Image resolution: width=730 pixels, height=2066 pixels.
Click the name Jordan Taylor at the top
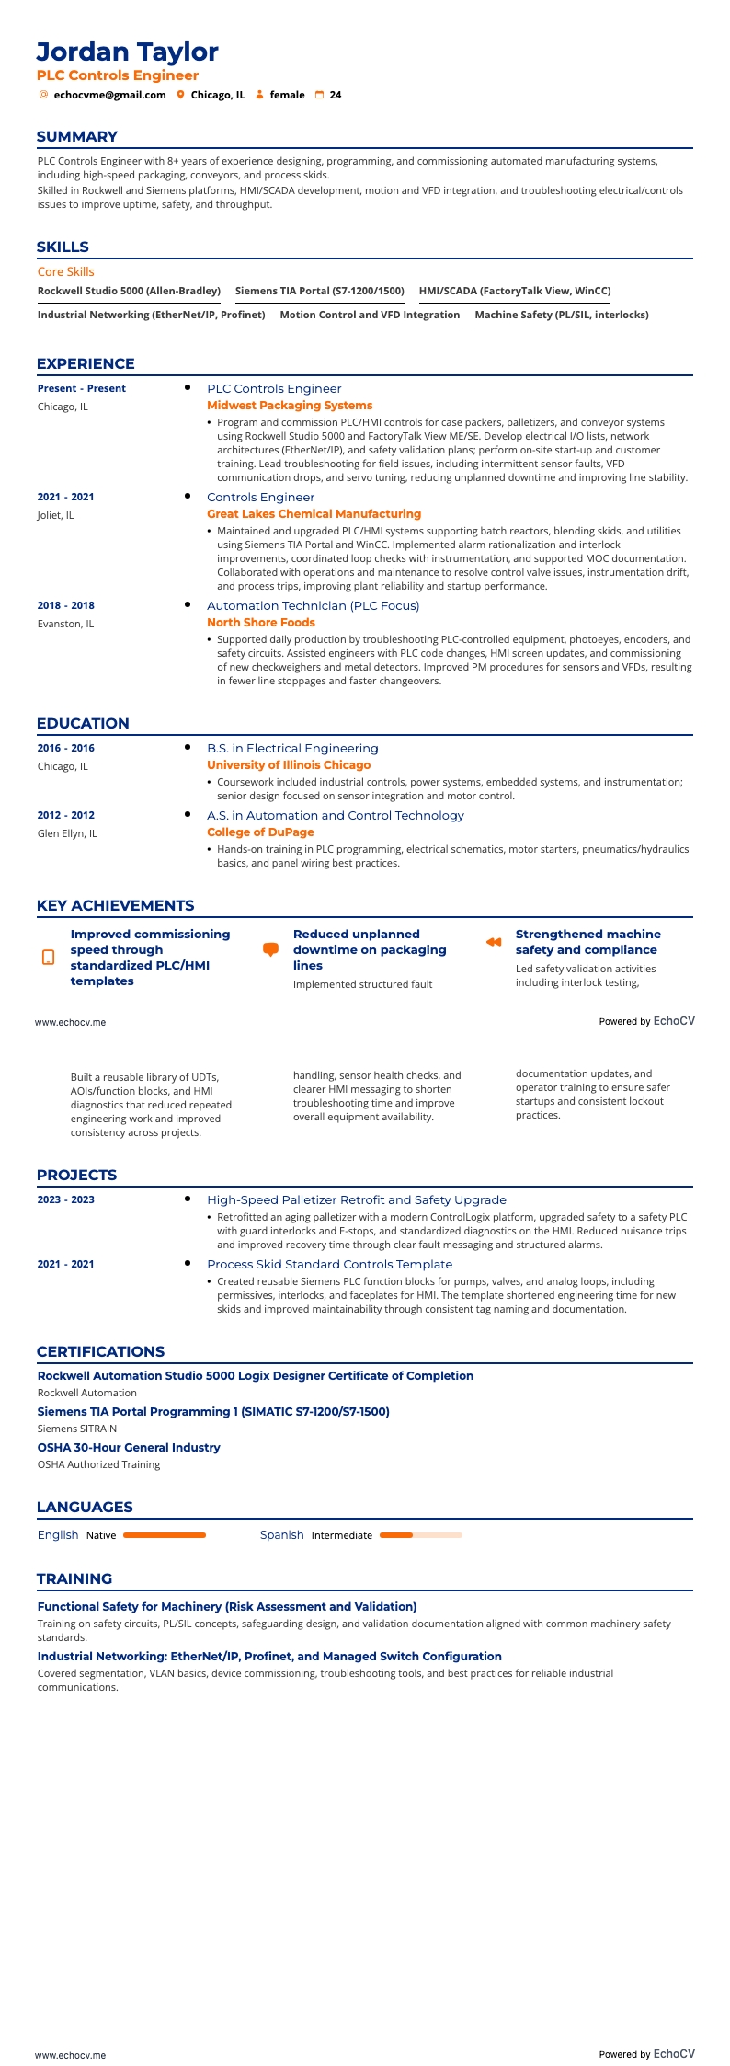(x=127, y=52)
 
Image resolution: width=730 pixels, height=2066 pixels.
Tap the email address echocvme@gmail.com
(x=109, y=95)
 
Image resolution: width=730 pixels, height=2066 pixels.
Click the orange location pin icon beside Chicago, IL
(x=181, y=95)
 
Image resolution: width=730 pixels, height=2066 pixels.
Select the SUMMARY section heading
(x=77, y=137)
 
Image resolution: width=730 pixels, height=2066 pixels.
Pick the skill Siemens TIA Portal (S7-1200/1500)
(x=319, y=291)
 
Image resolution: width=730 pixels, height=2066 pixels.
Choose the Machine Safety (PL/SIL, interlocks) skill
(x=561, y=315)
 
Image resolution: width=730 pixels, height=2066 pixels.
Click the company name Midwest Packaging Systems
(x=290, y=406)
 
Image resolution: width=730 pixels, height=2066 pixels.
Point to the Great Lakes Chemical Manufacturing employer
(x=314, y=514)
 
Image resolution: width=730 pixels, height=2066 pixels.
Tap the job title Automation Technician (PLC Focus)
(x=313, y=606)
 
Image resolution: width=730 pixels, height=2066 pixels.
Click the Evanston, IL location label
(x=65, y=624)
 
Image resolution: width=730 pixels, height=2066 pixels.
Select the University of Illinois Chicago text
(x=289, y=765)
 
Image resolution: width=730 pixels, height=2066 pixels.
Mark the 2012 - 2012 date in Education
(x=65, y=815)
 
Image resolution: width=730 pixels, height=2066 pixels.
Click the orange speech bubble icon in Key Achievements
(x=270, y=949)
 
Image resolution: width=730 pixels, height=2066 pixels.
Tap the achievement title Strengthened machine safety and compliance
(x=587, y=942)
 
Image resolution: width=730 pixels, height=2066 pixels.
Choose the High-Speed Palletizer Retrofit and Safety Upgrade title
(x=357, y=1200)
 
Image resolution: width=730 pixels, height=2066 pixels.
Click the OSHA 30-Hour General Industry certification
(x=129, y=1448)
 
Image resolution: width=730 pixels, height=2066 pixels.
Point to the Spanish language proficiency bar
(x=420, y=1535)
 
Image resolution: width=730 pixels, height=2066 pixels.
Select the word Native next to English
(x=101, y=1535)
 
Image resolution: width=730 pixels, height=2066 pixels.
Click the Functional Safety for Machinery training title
(x=227, y=1607)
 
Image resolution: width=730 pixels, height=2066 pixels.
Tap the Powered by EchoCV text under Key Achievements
(x=646, y=1021)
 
